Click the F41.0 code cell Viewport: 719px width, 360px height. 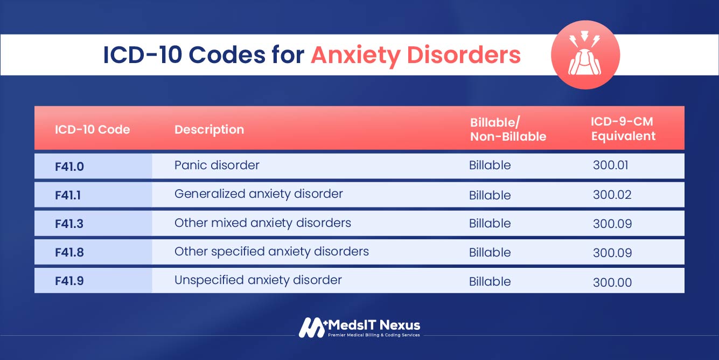pyautogui.click(x=69, y=167)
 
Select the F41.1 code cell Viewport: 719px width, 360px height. pyautogui.click(x=68, y=195)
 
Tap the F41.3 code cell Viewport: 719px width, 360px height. pyautogui.click(x=69, y=224)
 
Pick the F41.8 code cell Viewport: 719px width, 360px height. pyautogui.click(x=69, y=252)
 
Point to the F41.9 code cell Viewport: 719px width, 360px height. pyautogui.click(x=69, y=281)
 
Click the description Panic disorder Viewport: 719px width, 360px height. pyautogui.click(x=217, y=165)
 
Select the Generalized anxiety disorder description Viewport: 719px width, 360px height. pyautogui.click(x=259, y=193)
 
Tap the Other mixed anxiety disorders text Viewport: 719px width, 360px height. pyautogui.click(x=263, y=223)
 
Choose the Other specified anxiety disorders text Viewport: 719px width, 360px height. pyautogui.click(x=271, y=251)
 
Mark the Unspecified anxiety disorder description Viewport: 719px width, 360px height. pyautogui.click(x=258, y=280)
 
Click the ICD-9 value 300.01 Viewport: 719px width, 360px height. pyautogui.click(x=611, y=165)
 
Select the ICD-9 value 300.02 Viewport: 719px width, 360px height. pyautogui.click(x=612, y=195)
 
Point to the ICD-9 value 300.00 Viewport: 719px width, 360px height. pyautogui.click(x=612, y=282)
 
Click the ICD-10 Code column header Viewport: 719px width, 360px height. pyautogui.click(x=93, y=129)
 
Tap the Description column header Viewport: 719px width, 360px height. pyautogui.click(x=209, y=129)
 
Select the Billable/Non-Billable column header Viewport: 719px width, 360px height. pyautogui.click(x=508, y=129)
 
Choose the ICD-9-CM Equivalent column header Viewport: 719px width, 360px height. pyautogui.click(x=623, y=129)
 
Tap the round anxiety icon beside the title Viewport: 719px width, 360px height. pyautogui.click(x=585, y=55)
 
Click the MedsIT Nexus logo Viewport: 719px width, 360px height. pyautogui.click(x=359, y=327)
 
